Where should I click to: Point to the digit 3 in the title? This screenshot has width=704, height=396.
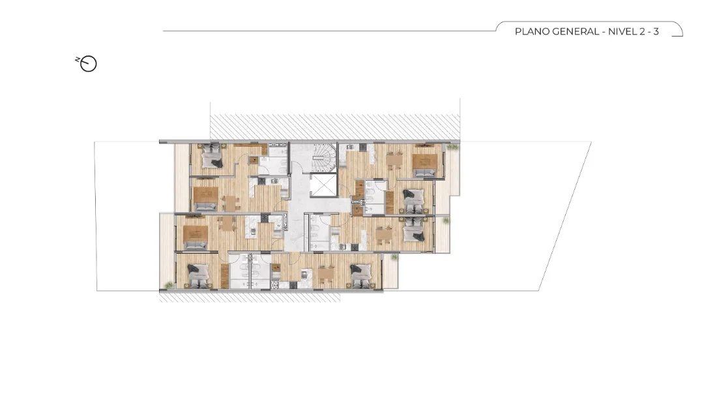tap(656, 31)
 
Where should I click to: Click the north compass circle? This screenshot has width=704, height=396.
tap(89, 64)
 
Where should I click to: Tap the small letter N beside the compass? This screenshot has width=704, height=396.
tap(77, 59)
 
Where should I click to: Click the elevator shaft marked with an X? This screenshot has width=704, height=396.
tap(323, 186)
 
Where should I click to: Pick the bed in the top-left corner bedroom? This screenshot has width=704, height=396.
tap(211, 156)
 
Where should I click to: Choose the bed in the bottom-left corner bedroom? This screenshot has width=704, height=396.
tap(198, 276)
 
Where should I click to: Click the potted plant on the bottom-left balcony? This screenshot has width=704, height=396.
tap(169, 285)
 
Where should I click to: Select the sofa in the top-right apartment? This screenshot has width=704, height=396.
tap(424, 173)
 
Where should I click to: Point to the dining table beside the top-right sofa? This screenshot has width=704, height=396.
tap(394, 160)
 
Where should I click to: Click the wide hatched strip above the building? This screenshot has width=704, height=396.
tap(335, 127)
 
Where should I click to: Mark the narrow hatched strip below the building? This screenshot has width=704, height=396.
tap(250, 297)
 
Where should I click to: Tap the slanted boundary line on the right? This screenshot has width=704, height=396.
tap(565, 216)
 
